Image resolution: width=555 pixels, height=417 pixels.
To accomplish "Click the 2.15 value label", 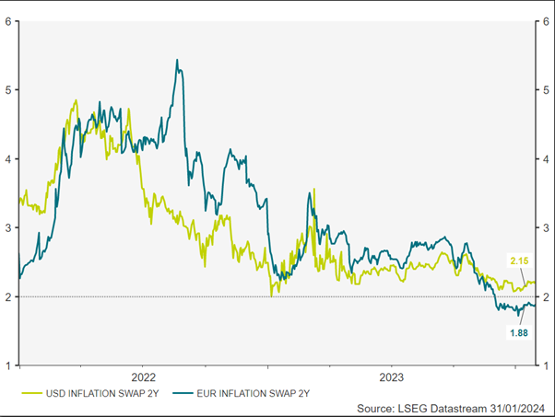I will [519, 261].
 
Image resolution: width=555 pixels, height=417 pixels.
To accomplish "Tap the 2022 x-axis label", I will [144, 376].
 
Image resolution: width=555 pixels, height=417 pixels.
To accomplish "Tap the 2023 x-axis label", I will [391, 376].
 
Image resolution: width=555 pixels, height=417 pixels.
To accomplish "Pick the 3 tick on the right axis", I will [547, 227].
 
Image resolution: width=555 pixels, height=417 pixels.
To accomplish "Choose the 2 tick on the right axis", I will [547, 296].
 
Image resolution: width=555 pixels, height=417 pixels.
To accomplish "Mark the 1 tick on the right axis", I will [547, 365].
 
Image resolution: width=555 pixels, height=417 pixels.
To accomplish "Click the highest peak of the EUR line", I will [177, 61].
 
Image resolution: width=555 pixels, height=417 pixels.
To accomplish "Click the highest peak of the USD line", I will [76, 100].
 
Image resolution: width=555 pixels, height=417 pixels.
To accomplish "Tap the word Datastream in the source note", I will [438, 407].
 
